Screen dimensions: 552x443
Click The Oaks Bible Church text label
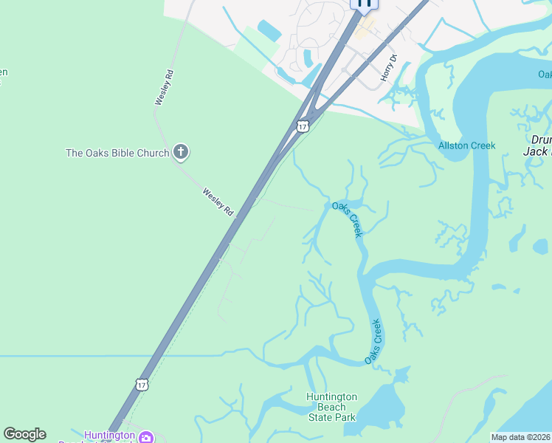click(x=117, y=154)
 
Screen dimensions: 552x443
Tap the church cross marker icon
click(x=181, y=154)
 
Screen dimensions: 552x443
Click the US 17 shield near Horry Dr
click(x=303, y=126)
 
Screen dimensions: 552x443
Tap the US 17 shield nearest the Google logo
click(x=142, y=385)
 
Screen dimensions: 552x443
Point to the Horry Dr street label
click(x=389, y=68)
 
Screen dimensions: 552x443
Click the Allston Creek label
click(x=467, y=145)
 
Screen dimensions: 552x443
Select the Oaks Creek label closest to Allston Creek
click(x=347, y=219)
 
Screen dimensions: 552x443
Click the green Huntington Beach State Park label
click(x=332, y=407)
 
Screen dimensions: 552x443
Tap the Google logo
click(x=24, y=434)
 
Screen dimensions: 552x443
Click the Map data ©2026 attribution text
click(x=520, y=437)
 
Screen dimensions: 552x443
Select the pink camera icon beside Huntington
click(x=146, y=437)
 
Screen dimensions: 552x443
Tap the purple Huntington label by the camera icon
click(x=109, y=435)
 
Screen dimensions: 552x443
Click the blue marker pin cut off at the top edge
click(x=365, y=3)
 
